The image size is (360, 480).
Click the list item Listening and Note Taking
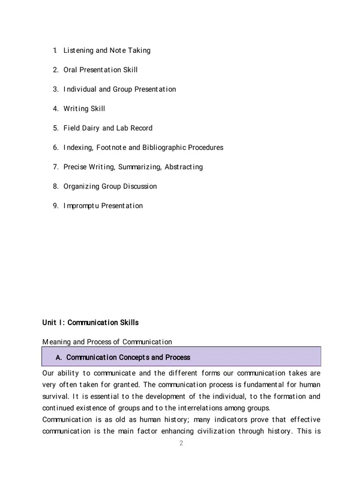[107, 50]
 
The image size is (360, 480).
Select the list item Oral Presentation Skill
[100, 70]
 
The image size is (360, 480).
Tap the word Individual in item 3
[81, 89]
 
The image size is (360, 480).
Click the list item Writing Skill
[84, 109]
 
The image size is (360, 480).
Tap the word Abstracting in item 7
[181, 167]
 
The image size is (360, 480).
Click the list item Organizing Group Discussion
[110, 186]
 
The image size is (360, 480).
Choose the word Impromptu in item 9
[82, 206]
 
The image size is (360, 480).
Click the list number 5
[55, 128]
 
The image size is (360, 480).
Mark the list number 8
[55, 186]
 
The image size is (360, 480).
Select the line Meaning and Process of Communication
[107, 342]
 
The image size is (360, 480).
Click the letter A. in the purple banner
[59, 358]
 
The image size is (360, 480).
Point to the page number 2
[181, 443]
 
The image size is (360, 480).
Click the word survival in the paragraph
[56, 397]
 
